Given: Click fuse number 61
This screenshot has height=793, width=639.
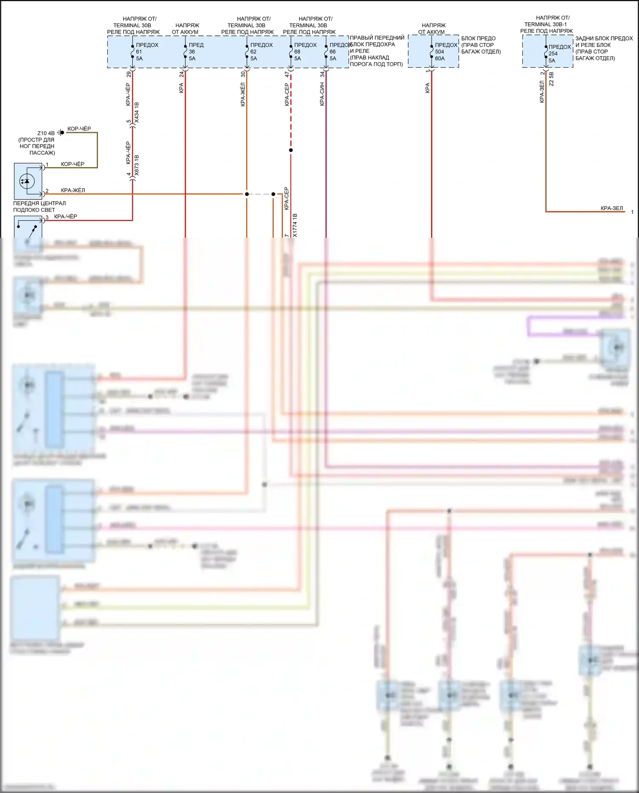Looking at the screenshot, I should pyautogui.click(x=139, y=52).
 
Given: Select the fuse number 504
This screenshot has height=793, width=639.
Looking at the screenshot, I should pyautogui.click(x=439, y=52).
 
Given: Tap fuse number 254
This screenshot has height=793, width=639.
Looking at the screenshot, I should pyautogui.click(x=553, y=54).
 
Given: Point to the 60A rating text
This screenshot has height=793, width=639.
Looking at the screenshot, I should pyautogui.click(x=440, y=58).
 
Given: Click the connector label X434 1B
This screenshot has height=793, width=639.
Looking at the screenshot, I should pyautogui.click(x=137, y=112).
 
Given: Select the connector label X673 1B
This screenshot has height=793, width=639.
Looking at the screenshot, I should pyautogui.click(x=137, y=165).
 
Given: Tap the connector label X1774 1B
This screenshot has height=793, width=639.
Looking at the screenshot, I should pyautogui.click(x=295, y=225).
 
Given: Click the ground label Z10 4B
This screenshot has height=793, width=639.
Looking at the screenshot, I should pyautogui.click(x=46, y=133).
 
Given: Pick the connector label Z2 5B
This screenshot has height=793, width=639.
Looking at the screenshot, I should pyautogui.click(x=551, y=79).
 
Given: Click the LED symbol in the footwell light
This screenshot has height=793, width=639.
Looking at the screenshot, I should pyautogui.click(x=27, y=181).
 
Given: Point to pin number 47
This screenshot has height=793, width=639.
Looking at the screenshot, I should pyautogui.click(x=287, y=74).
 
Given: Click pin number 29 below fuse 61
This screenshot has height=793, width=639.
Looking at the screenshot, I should pyautogui.click(x=129, y=74).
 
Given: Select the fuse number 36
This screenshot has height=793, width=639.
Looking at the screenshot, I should pyautogui.click(x=192, y=52).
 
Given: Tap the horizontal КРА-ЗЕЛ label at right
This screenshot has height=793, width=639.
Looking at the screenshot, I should pyautogui.click(x=611, y=208).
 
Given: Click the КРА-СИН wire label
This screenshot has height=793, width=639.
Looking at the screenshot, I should pyautogui.click(x=322, y=95).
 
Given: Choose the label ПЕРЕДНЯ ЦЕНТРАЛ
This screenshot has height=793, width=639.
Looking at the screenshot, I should pyautogui.click(x=39, y=203).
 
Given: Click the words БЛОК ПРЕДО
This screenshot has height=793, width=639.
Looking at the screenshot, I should pyautogui.click(x=478, y=38).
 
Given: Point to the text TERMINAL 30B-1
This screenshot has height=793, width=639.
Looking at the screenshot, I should pyautogui.click(x=545, y=24).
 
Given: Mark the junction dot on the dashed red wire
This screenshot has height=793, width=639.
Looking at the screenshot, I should pyautogui.click(x=291, y=150).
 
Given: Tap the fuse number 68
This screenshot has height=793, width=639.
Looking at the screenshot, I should pyautogui.click(x=297, y=52).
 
